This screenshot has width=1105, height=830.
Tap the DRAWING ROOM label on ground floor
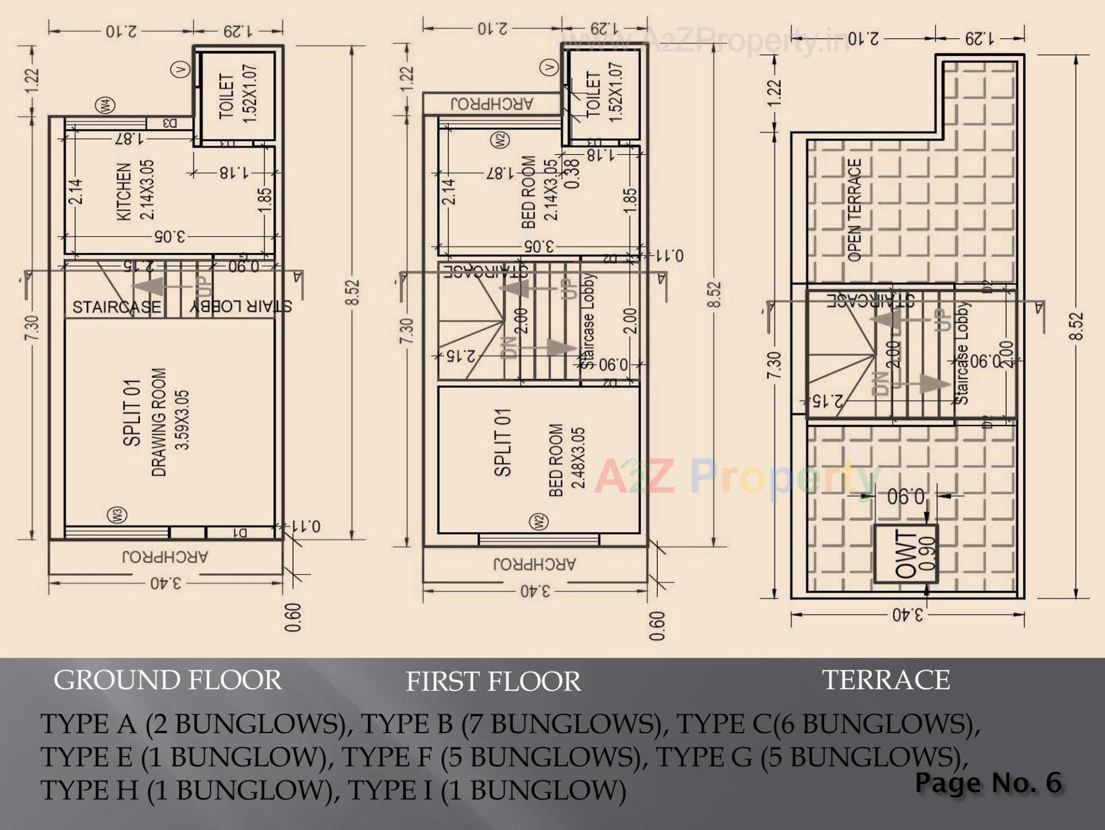click(x=159, y=422)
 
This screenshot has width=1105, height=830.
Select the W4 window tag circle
click(x=106, y=106)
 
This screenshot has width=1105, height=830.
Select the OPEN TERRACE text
click(x=855, y=210)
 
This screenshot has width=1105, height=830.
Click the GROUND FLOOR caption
click(x=167, y=680)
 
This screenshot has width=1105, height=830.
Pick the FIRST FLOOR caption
click(x=493, y=682)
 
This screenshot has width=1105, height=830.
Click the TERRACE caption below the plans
click(x=886, y=680)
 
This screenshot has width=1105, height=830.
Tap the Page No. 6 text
click(x=988, y=783)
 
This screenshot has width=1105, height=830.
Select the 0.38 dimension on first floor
click(x=573, y=173)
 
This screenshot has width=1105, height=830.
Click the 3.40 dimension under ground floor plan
click(x=166, y=583)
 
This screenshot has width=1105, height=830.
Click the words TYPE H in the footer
click(x=89, y=790)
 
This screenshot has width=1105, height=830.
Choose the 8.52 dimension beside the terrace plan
click(x=1076, y=326)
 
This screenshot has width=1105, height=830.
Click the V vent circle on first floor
click(x=549, y=68)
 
